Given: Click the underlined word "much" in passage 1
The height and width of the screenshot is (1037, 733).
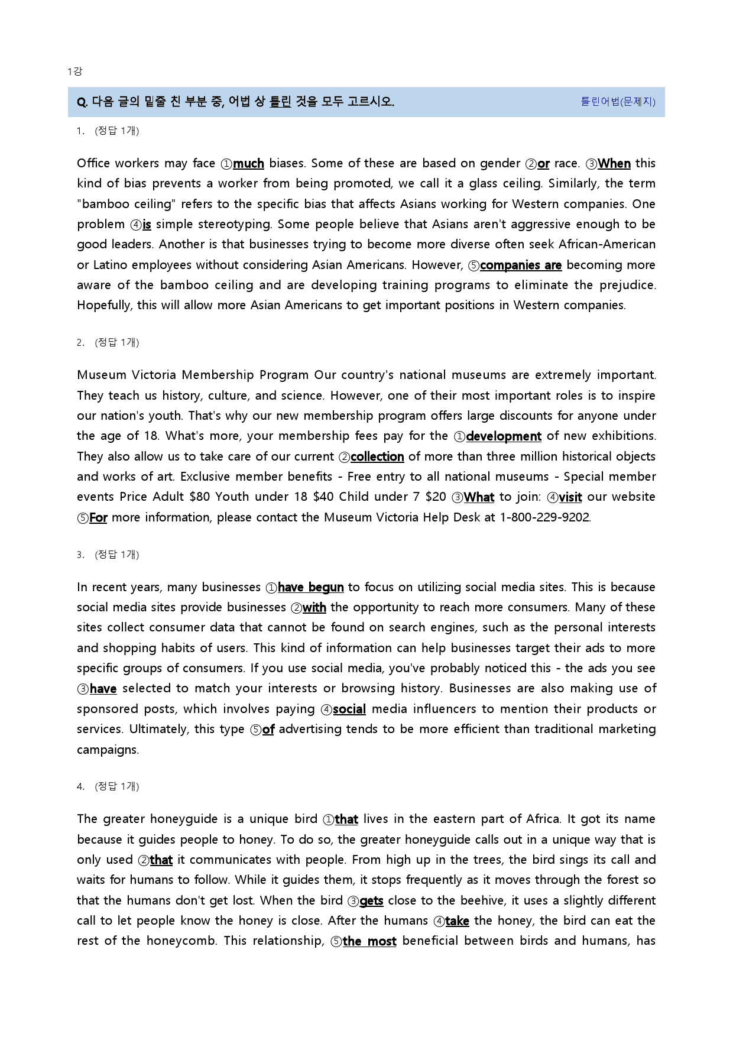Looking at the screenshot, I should point(248,164).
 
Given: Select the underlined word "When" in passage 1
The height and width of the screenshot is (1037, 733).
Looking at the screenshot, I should point(614,164).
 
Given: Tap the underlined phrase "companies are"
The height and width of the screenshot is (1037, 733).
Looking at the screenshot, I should point(521,265).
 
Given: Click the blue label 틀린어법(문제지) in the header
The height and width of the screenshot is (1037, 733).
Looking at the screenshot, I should point(618,102).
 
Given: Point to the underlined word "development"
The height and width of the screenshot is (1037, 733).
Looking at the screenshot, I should point(504,436).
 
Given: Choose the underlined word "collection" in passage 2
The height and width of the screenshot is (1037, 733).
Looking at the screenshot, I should point(377,457).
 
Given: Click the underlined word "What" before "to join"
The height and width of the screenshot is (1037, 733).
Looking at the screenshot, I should point(479,497).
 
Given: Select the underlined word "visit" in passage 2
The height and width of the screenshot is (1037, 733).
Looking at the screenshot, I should point(570,497).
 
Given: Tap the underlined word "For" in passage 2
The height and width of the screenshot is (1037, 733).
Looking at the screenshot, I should point(98,518).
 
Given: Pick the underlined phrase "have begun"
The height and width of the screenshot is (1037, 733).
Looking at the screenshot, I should point(310,588).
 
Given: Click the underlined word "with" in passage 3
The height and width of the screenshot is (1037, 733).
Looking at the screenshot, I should point(314,608).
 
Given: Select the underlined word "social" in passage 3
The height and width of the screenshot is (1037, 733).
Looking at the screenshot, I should point(349,709).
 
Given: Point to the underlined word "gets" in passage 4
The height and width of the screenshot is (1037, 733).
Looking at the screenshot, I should point(371,901).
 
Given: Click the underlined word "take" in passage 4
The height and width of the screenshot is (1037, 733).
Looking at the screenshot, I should point(457,921).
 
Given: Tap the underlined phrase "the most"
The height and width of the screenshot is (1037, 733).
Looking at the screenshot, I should point(369,941).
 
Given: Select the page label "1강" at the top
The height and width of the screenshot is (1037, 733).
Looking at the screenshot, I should point(74,72).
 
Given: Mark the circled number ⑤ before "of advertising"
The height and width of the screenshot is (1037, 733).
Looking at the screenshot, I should point(256,730).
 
